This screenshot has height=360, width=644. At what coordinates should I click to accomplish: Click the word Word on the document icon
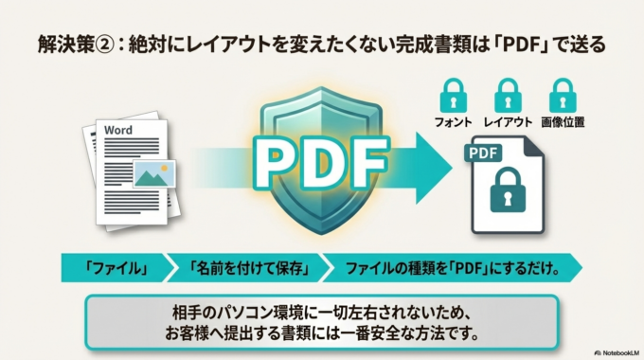118,129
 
